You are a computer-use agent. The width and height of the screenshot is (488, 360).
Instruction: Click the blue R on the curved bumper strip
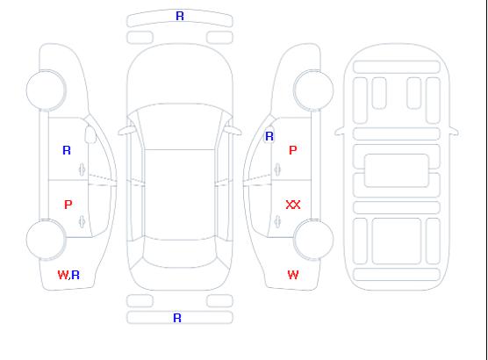[180, 16]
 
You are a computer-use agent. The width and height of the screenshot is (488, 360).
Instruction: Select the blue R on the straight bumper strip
[177, 318]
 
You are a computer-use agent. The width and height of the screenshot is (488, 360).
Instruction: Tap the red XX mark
[293, 205]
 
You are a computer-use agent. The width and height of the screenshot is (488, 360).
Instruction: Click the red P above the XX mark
[293, 150]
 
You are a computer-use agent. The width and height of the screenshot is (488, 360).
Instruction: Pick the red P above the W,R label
[68, 205]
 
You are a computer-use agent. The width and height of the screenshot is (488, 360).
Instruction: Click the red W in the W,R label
[63, 275]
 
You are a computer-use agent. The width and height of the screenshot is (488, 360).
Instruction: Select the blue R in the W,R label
[75, 275]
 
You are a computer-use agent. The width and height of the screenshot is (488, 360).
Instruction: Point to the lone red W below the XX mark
[293, 275]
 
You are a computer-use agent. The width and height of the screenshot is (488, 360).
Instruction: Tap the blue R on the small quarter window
[269, 136]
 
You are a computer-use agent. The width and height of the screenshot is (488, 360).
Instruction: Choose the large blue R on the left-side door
[67, 150]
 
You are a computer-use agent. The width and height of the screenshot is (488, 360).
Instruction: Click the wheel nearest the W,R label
[46, 240]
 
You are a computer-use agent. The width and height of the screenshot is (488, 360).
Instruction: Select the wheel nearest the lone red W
[313, 240]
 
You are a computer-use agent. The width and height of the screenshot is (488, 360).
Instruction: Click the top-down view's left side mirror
[126, 131]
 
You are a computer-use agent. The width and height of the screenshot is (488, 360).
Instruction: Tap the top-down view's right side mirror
[233, 131]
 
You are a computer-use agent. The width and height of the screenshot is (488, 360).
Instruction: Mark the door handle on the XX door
[277, 222]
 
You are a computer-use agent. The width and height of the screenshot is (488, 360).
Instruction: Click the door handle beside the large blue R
[82, 169]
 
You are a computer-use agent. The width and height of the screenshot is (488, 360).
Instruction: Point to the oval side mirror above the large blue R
[90, 134]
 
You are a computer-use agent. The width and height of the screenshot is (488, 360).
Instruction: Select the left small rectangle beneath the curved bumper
[140, 38]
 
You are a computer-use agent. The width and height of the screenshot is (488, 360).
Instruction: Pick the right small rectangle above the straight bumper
[219, 301]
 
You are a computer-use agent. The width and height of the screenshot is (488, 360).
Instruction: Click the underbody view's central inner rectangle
[397, 170]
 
